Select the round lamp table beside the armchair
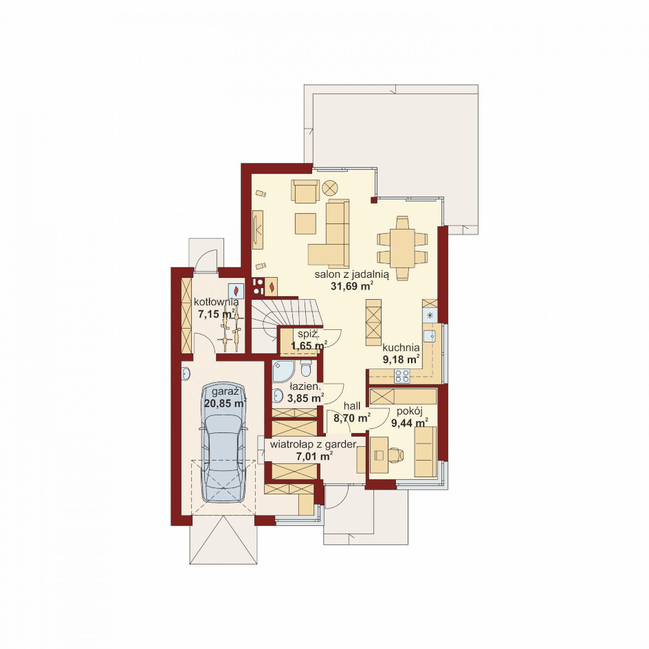[330, 188]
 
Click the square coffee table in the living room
[305, 223]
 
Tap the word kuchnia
[401, 348]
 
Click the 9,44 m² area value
[409, 423]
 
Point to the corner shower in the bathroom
[283, 371]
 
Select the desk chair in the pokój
[396, 455]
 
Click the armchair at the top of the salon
[305, 191]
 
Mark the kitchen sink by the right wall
[432, 336]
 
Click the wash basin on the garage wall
[186, 374]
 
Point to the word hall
[352, 406]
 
